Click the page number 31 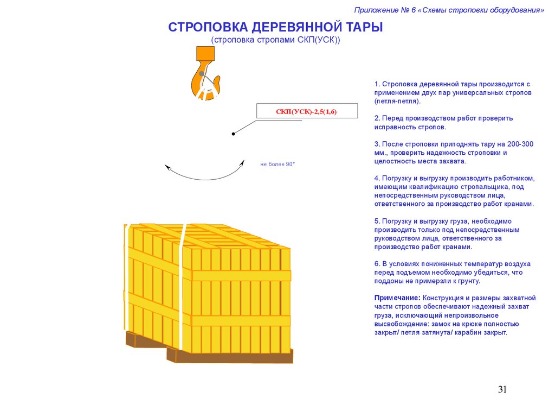[502, 389]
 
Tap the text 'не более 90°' [277, 164]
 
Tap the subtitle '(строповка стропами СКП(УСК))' [275, 41]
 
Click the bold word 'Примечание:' [397, 298]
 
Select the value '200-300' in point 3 [521, 144]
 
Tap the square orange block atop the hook [205, 53]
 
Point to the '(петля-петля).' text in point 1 [397, 102]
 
